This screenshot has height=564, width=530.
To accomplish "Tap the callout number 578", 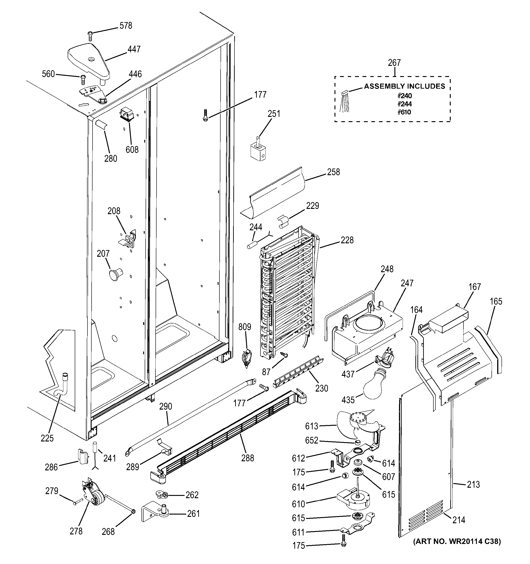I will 126,26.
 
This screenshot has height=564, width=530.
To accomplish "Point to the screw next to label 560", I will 83,79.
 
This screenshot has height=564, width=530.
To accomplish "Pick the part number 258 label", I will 333,172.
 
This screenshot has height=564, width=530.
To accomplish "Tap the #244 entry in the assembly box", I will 405,104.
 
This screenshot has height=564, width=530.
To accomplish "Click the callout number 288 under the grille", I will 247,458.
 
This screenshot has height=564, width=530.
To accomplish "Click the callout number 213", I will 473,484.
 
